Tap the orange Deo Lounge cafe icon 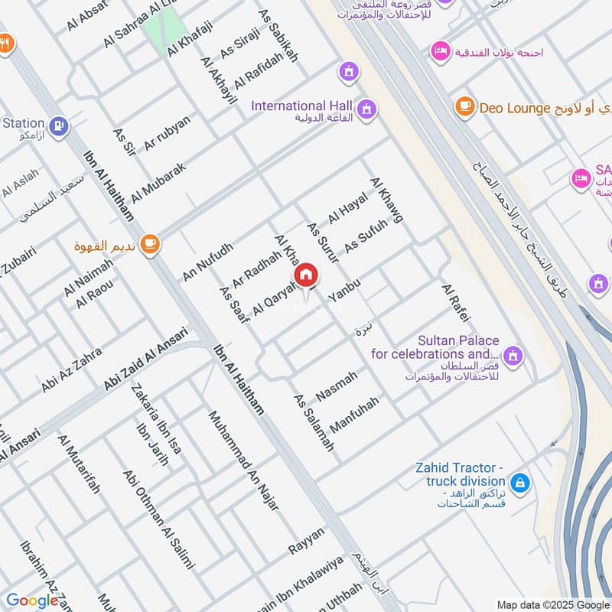(x=464, y=107)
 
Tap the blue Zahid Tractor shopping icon (x=520, y=483)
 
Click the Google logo (x=32, y=601)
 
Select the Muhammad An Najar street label (x=243, y=461)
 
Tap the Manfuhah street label (x=354, y=414)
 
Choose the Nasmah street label (x=337, y=385)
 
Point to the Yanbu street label (x=343, y=291)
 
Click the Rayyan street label (x=307, y=541)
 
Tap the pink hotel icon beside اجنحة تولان (x=440, y=51)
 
